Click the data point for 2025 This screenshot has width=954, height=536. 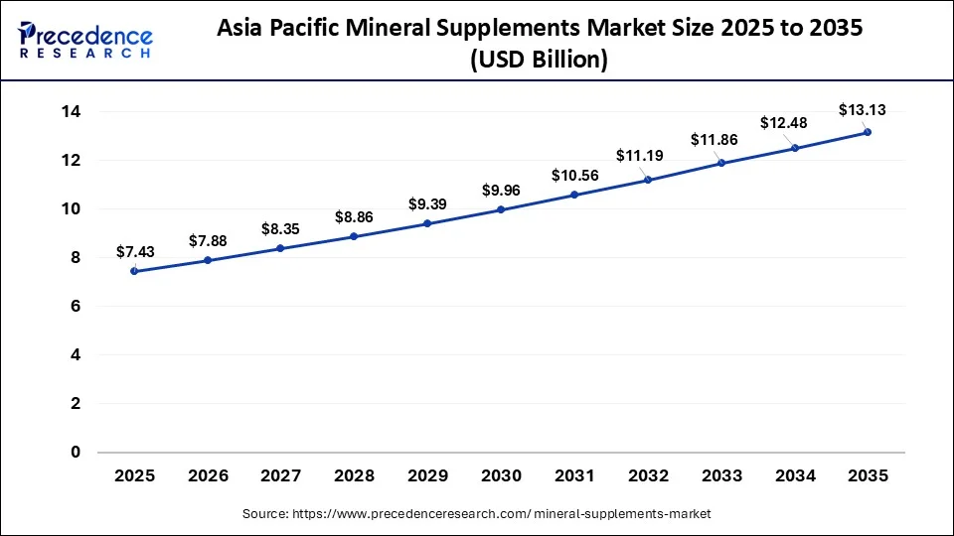tap(134, 271)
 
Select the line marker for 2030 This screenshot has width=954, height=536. tap(501, 209)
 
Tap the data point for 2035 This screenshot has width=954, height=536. tap(868, 132)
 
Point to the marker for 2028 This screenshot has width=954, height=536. tap(354, 236)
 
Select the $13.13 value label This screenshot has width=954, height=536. tap(863, 109)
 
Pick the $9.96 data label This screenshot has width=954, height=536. tap(501, 189)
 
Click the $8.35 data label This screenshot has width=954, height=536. tap(281, 228)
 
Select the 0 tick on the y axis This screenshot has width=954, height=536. tap(75, 453)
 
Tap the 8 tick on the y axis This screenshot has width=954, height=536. tap(75, 258)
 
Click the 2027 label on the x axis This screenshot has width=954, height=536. tap(281, 476)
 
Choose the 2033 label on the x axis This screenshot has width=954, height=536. tap(720, 476)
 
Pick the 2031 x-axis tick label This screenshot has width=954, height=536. tap(574, 476)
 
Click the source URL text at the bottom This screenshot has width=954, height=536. tap(477, 513)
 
